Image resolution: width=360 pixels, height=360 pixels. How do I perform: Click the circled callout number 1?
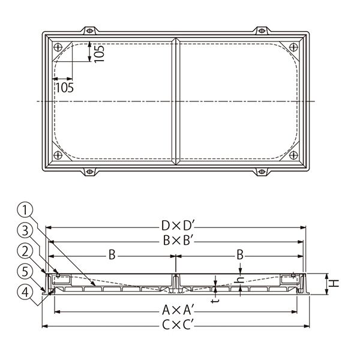click(x=25, y=209)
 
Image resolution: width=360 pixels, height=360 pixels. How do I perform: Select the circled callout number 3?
click(x=25, y=230)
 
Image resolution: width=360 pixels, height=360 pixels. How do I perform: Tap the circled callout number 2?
click(x=25, y=251)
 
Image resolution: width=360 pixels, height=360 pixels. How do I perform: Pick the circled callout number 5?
click(x=25, y=272)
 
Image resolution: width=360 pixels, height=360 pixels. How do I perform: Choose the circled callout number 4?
click(x=25, y=293)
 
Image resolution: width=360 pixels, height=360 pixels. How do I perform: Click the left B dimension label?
click(x=112, y=255)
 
